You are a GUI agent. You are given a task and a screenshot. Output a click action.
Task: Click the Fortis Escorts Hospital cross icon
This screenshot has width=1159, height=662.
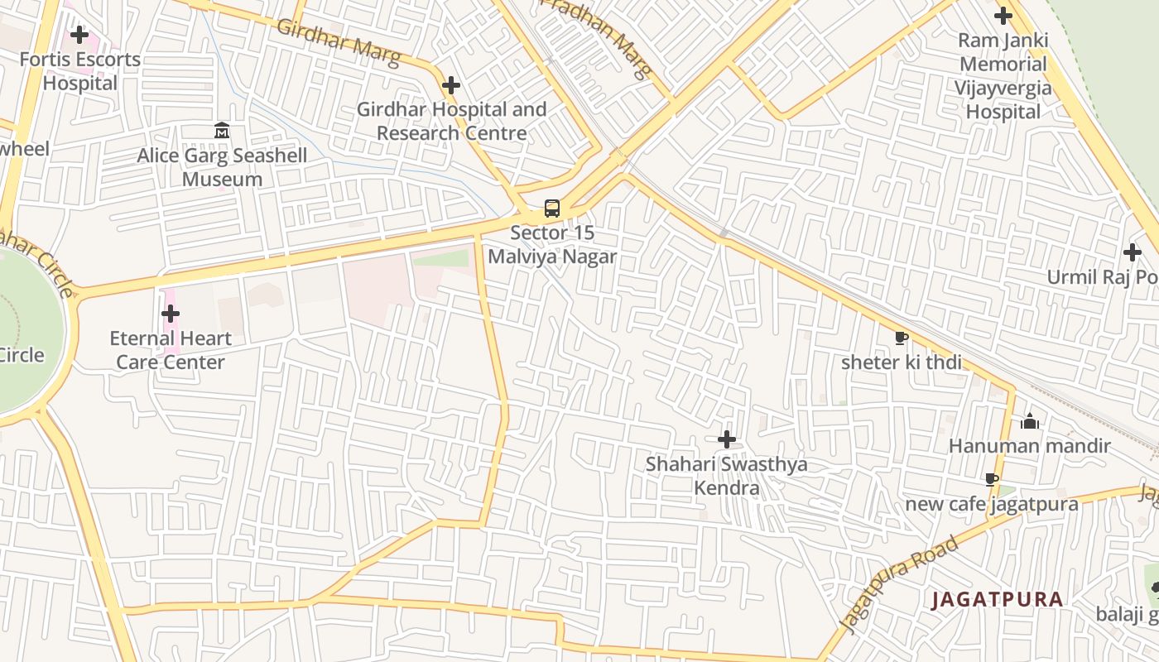tap(79, 35)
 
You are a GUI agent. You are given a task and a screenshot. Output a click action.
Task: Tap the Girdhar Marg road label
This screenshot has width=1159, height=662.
tap(338, 41)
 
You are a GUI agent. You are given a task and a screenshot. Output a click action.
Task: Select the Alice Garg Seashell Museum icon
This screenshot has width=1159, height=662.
tap(222, 131)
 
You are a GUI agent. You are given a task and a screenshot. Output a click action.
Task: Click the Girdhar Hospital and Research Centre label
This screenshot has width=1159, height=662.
tap(452, 121)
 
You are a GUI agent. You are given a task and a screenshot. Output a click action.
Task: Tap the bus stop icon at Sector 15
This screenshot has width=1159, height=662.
tap(552, 209)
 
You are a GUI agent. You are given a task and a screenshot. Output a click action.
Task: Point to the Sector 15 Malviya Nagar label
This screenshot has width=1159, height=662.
tap(552, 245)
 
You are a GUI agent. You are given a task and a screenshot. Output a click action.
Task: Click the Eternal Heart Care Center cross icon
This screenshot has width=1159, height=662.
tap(171, 314)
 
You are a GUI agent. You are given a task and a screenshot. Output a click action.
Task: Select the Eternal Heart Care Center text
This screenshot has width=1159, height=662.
tap(171, 350)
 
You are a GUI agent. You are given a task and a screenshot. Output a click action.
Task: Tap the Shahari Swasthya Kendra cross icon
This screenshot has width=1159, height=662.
tap(727, 439)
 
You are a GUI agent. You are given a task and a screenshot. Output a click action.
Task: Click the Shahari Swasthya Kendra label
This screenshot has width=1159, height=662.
tap(726, 476)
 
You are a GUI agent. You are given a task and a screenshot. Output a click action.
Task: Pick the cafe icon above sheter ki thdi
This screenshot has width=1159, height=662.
tap(902, 338)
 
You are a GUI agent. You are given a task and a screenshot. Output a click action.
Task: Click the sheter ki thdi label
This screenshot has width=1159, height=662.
tap(902, 362)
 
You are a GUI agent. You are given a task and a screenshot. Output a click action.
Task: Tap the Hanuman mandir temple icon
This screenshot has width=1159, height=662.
tap(1030, 421)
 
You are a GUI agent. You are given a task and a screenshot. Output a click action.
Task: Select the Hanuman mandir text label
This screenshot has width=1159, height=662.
tap(1029, 446)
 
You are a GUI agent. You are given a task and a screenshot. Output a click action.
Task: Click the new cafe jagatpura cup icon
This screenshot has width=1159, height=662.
tap(992, 479)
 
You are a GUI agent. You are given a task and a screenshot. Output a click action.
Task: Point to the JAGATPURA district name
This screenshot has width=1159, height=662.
tap(997, 599)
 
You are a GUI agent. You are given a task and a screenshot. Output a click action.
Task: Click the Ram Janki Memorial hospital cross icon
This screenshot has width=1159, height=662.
tap(1003, 15)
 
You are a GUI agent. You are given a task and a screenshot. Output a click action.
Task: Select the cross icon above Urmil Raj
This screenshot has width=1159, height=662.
tap(1133, 252)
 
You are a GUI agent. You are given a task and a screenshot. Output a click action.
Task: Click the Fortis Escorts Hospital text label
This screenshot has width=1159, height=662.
tap(80, 71)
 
